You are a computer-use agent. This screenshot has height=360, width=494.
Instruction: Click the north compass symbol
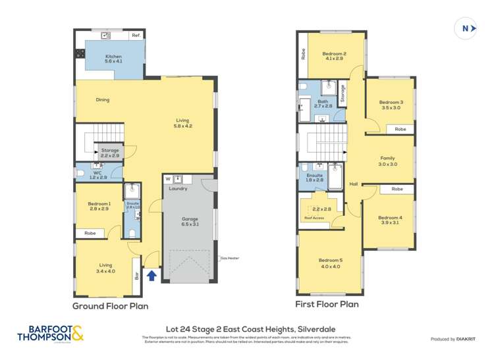point(466,28)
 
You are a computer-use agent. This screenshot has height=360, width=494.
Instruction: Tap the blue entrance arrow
point(151,275)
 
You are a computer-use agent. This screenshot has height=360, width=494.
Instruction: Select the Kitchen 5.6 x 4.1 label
point(113,60)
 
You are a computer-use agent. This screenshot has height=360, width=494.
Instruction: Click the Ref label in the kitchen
point(136,35)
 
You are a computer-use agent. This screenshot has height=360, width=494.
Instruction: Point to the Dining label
point(102,100)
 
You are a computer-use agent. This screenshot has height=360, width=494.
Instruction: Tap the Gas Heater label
point(230,258)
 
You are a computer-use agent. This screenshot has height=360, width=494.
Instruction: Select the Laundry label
point(178,189)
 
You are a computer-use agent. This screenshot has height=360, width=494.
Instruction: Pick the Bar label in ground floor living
point(136,271)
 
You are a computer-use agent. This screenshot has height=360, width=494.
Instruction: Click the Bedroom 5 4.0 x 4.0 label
point(330,263)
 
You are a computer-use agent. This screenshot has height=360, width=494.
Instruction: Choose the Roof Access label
point(314,218)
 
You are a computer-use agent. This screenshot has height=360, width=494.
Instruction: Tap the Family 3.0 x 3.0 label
point(389,161)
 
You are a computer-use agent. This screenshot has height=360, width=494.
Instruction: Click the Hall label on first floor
point(353,184)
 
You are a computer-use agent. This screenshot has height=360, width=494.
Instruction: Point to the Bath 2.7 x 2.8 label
point(323,103)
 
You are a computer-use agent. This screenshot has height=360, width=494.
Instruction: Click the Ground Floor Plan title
point(110,306)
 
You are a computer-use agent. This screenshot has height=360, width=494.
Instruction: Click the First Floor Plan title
point(328,305)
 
